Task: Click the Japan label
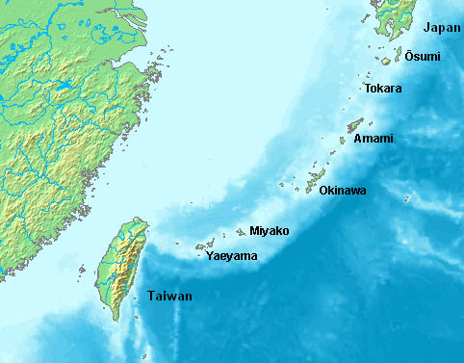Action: pyautogui.click(x=440, y=28)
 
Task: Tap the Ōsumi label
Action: pyautogui.click(x=422, y=57)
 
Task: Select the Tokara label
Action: pyautogui.click(x=383, y=89)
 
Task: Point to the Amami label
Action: pyautogui.click(x=374, y=140)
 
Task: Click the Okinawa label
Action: pyautogui.click(x=343, y=191)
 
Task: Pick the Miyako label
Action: pyautogui.click(x=269, y=231)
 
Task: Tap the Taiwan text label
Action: pyautogui.click(x=169, y=296)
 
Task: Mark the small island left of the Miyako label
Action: pyautogui.click(x=240, y=232)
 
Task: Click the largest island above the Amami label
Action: pyautogui.click(x=355, y=124)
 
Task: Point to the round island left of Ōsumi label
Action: pyautogui.click(x=385, y=61)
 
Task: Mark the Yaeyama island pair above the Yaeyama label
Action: pyautogui.click(x=204, y=245)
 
